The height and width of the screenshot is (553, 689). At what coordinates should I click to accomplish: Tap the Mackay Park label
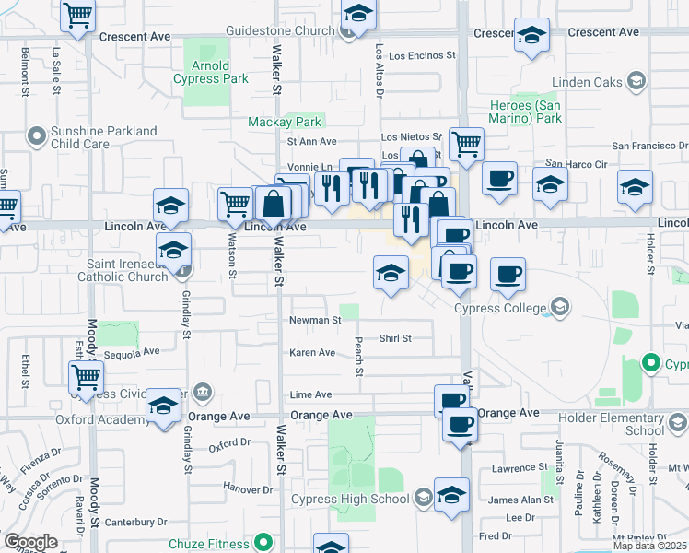point(285,122)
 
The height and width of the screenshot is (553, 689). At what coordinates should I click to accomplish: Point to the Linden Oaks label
point(588,83)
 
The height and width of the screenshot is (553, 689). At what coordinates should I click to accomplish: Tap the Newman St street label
point(315,321)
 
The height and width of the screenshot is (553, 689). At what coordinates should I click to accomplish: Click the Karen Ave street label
point(312,353)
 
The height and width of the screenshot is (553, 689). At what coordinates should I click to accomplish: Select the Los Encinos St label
point(425,55)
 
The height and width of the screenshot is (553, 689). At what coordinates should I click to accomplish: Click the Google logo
point(30,542)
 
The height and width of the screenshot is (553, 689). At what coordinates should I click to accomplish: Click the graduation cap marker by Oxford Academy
point(164,406)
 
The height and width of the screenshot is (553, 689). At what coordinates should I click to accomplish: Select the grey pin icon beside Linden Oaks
point(635,83)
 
